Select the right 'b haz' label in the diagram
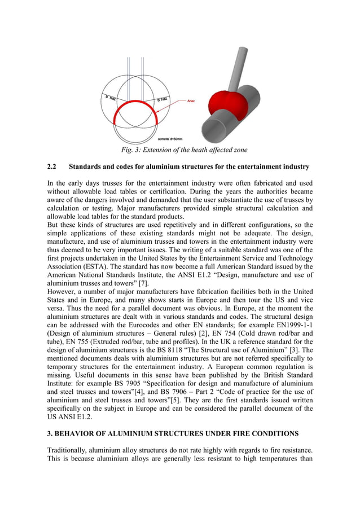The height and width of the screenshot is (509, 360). [163, 99]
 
